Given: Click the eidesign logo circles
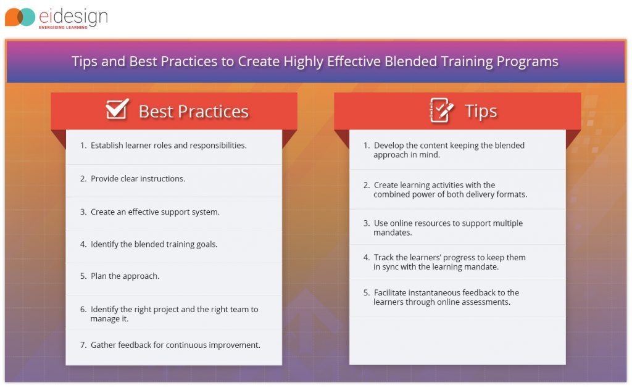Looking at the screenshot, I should [x=20, y=17].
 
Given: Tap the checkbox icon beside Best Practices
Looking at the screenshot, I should [x=117, y=109].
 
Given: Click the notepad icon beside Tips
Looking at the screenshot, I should [x=441, y=110].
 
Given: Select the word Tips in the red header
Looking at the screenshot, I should [x=480, y=111].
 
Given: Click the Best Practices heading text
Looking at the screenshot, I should [x=193, y=111].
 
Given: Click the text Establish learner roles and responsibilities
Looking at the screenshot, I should [x=168, y=146].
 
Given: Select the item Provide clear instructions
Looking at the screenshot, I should [x=138, y=179].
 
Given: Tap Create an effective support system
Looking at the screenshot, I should [x=155, y=212].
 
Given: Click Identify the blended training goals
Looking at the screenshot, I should [x=154, y=244].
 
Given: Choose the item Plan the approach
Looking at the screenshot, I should [x=125, y=276].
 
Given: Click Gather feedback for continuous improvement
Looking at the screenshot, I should [x=175, y=345].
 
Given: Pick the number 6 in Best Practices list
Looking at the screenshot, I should [x=83, y=310].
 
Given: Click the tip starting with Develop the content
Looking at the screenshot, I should [x=449, y=150].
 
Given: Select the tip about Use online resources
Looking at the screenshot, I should [x=447, y=228].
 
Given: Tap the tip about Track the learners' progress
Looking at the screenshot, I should [x=449, y=262].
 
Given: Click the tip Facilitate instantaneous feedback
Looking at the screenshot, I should [x=446, y=297].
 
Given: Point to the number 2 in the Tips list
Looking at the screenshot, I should [x=367, y=185].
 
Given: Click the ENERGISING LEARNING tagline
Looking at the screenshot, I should [x=63, y=27].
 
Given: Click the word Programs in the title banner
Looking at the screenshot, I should [x=530, y=62].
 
